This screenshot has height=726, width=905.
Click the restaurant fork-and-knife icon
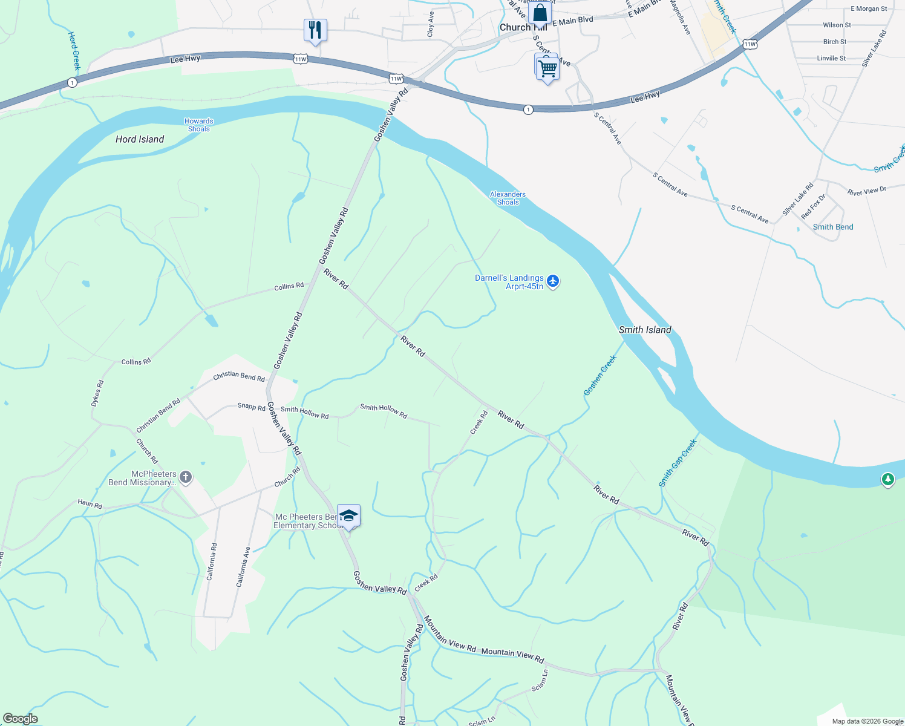[x=315, y=30]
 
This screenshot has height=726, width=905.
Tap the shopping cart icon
[x=547, y=68]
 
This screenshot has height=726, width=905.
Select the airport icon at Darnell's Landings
[x=553, y=281]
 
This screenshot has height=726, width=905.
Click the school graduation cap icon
[x=348, y=515]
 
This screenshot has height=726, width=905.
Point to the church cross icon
[x=186, y=477]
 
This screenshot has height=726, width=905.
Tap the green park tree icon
[x=887, y=480]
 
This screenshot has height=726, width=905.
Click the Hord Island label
[x=140, y=139]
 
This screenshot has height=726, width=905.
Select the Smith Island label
[x=645, y=330]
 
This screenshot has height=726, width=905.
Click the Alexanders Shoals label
[x=508, y=198]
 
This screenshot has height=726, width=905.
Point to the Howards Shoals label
[x=199, y=125]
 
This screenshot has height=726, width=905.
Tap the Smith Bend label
[x=833, y=227]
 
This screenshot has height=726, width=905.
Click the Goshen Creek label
[x=600, y=376]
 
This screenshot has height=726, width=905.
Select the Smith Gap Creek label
[x=678, y=463]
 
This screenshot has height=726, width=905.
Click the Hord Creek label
[x=74, y=51]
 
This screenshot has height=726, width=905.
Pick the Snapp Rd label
[x=252, y=407]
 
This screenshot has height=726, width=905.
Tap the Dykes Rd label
[x=97, y=393]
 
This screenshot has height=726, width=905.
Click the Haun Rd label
[x=90, y=505]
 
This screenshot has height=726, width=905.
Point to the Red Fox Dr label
[x=813, y=207]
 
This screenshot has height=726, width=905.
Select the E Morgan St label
[x=869, y=9]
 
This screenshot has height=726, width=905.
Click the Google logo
[x=21, y=719]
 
